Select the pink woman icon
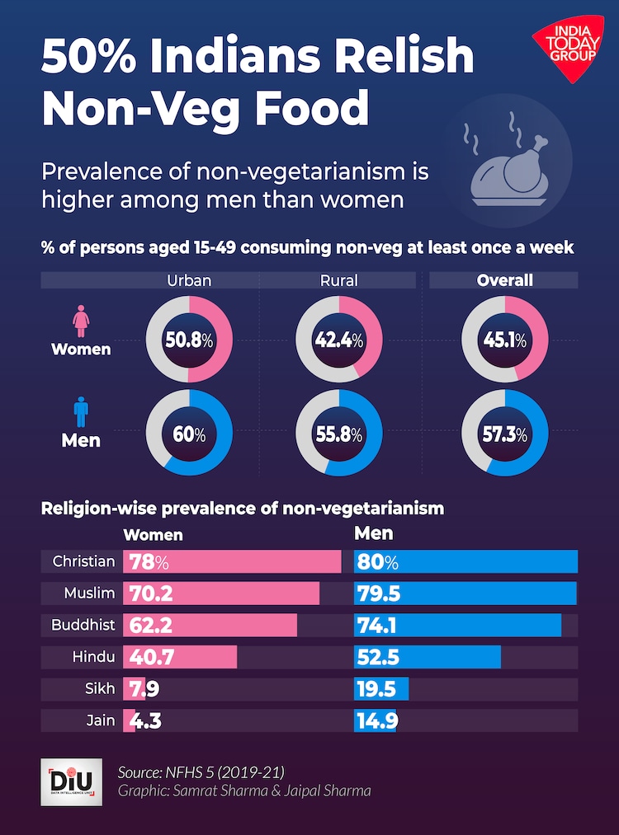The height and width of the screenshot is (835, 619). point(81,321)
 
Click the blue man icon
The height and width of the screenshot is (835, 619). point(81,411)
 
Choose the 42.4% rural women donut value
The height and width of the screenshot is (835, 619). point(338,340)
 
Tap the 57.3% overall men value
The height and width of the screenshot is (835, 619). point(504,434)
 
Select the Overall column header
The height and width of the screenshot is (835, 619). point(504,280)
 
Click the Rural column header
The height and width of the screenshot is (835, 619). point(338,280)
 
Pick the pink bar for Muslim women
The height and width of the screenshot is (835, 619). point(221,593)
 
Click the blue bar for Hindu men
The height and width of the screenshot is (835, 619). point(428,657)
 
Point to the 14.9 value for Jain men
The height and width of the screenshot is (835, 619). point(376,721)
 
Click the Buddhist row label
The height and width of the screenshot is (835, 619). point(83,625)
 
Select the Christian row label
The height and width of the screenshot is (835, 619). point(83,561)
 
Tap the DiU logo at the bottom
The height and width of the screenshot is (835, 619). point(71,781)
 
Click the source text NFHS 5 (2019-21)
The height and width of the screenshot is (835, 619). point(202,772)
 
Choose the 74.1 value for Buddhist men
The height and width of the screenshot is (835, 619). point(376,626)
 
